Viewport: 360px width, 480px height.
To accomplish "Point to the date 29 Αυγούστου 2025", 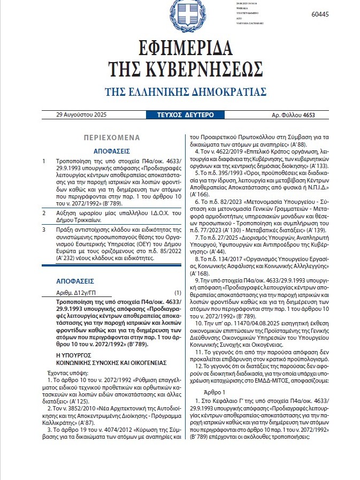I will click(80, 115).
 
